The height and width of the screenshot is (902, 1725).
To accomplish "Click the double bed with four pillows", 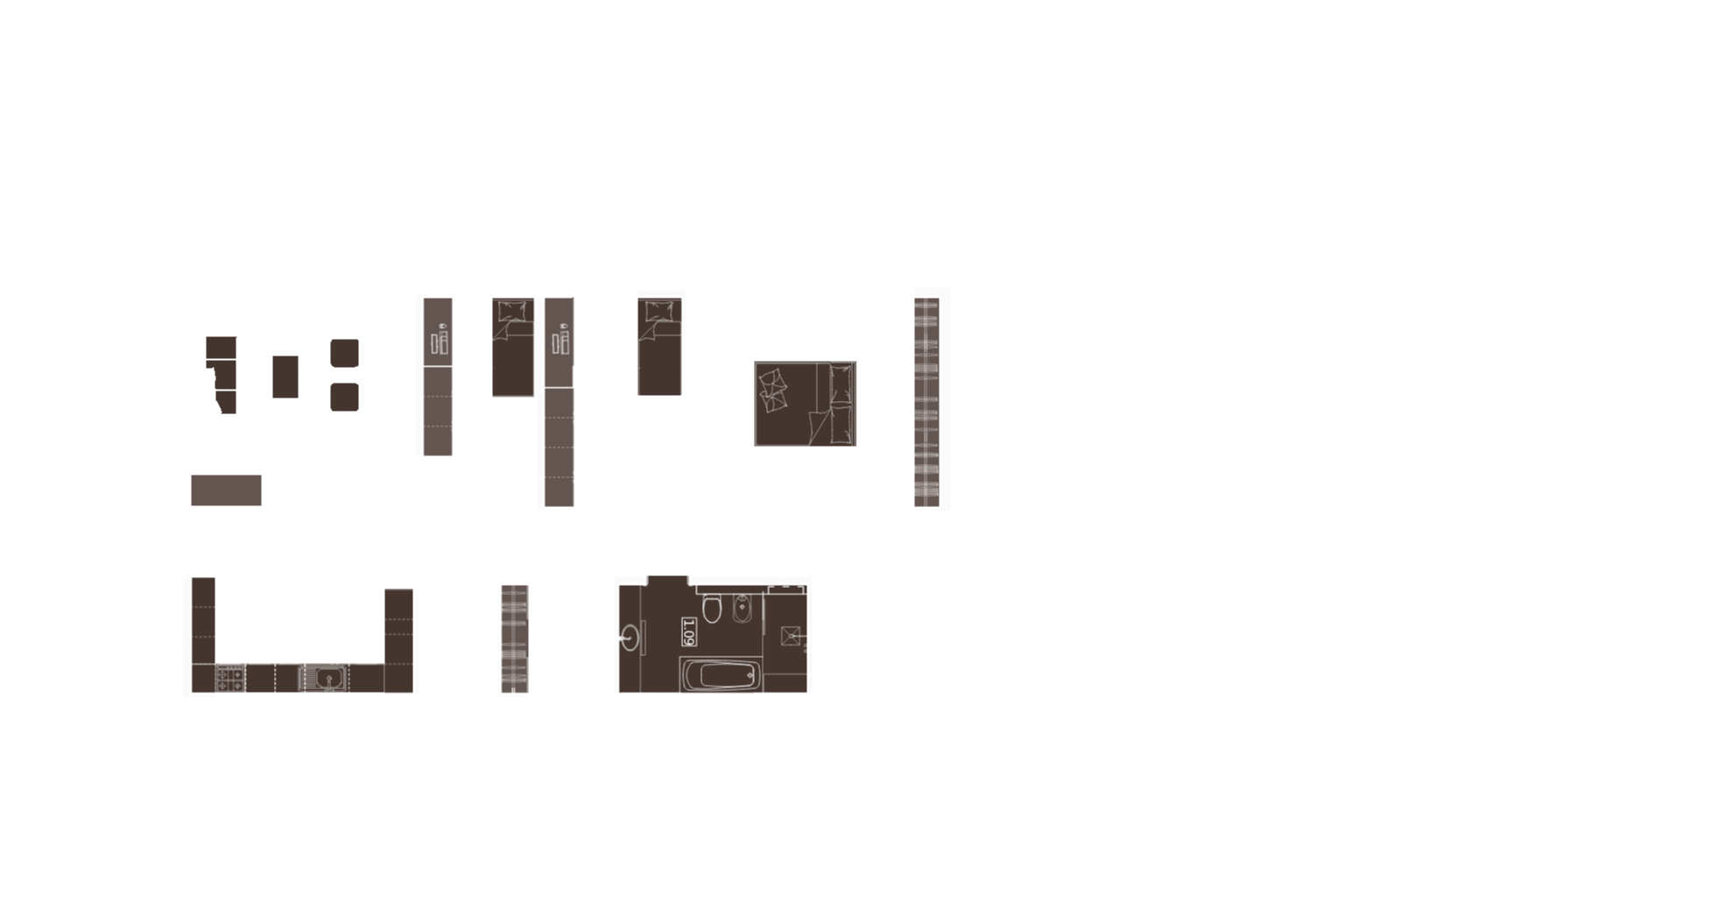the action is tap(805, 404).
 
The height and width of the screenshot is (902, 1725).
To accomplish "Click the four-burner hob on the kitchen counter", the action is tap(230, 679).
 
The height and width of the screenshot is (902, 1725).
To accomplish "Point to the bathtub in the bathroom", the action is tap(721, 676).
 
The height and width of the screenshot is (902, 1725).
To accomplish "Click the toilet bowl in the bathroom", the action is tap(712, 607).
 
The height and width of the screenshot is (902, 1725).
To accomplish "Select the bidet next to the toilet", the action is tap(743, 607).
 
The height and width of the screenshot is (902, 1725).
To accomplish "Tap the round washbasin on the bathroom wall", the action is tap(630, 637).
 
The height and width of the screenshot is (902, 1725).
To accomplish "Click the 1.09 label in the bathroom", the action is tap(688, 631).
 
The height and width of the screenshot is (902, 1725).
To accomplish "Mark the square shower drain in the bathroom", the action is tap(791, 636).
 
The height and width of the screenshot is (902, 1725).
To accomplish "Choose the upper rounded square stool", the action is tap(344, 353).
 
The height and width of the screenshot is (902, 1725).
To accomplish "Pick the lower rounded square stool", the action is tap(344, 397).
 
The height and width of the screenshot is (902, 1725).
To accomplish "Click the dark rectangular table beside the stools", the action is tap(285, 377).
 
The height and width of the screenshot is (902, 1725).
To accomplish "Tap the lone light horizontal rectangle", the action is tap(226, 490).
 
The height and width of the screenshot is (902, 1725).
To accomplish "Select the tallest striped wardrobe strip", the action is tap(926, 402).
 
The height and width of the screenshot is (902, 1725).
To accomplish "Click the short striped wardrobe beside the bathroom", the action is tap(515, 638).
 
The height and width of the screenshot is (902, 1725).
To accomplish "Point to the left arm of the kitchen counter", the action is tap(203, 621).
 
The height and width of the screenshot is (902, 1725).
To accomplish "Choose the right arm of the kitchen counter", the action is tap(398, 627).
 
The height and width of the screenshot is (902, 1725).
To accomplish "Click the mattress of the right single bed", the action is tap(659, 357).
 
